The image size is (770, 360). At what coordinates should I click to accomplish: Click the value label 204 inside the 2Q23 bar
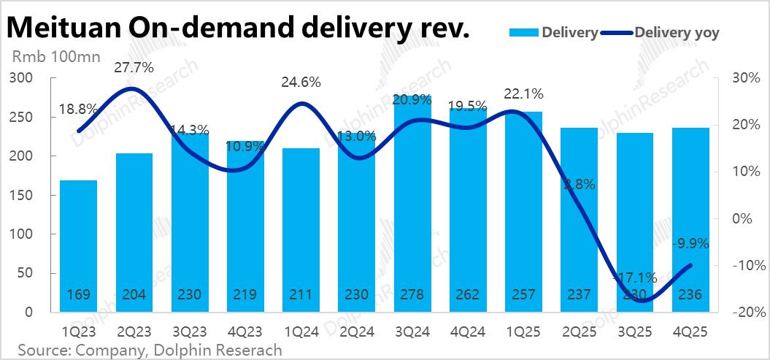(x=134, y=295)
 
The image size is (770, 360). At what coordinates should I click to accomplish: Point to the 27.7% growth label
(x=134, y=68)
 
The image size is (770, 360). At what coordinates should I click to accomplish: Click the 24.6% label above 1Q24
(x=301, y=83)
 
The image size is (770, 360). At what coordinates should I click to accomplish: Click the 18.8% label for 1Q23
(x=78, y=108)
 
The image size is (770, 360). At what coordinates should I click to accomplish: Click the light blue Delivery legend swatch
(x=521, y=32)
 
